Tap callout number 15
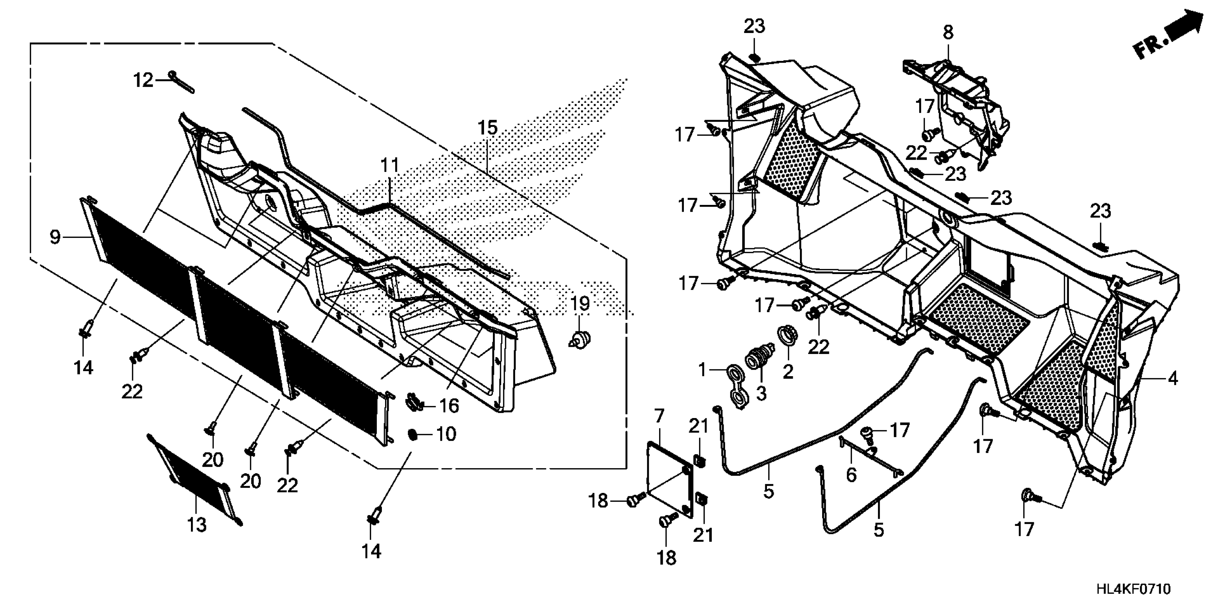488,128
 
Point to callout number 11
390,166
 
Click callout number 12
143,80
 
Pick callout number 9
55,236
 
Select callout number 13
197,525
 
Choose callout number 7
659,416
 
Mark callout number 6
851,475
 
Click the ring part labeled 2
787,336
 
